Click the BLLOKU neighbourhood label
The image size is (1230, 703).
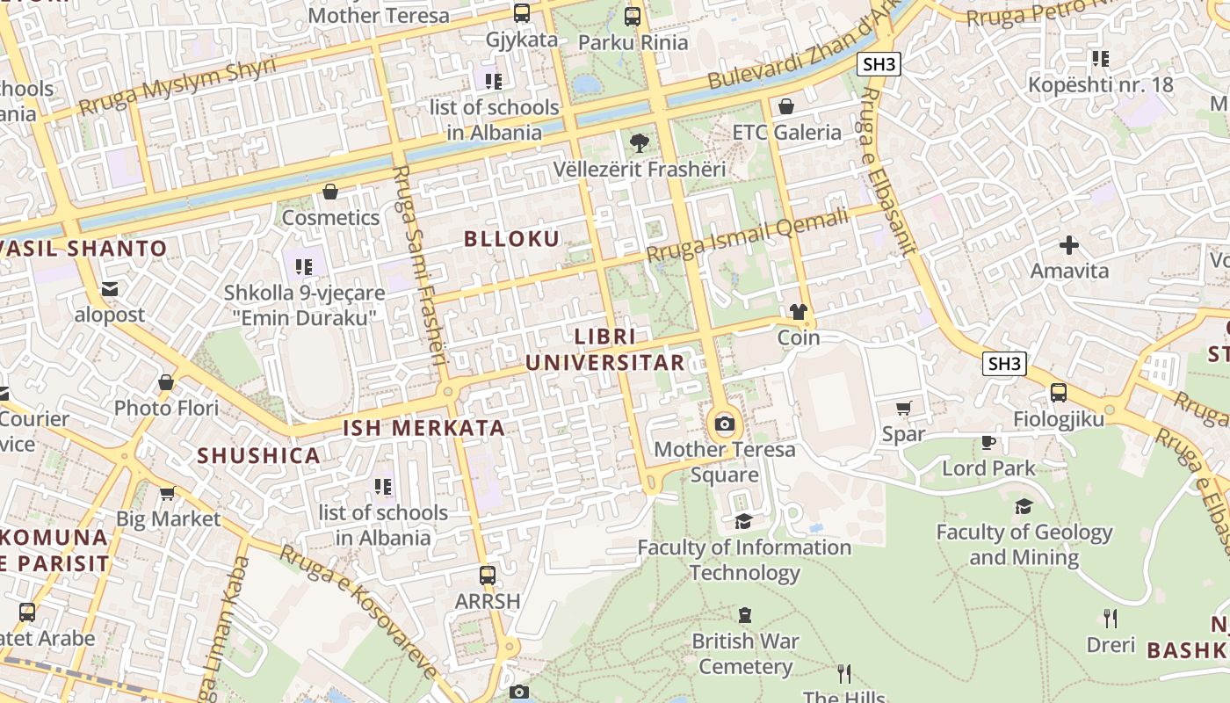[x=511, y=238]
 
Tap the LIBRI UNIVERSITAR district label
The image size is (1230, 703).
[x=604, y=350]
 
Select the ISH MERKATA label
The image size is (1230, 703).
[x=423, y=428]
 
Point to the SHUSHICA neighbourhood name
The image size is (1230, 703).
[x=258, y=455]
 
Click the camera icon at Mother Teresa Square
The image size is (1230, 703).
[x=724, y=424]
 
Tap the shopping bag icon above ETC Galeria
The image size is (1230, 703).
[x=786, y=106]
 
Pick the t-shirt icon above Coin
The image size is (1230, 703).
[x=798, y=311]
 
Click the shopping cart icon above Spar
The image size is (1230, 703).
[x=903, y=408]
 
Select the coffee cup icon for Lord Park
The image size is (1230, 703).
[x=988, y=442]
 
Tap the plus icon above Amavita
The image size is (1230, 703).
[x=1069, y=244]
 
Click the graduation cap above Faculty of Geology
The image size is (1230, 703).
[x=1024, y=506]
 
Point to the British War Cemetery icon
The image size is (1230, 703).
[x=745, y=614]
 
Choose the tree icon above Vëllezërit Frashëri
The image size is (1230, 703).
[x=640, y=142]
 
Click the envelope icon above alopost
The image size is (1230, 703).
[x=109, y=288]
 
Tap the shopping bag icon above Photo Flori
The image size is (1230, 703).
[x=166, y=382]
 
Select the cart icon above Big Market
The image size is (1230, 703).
[x=168, y=493]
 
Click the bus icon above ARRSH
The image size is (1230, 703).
[x=487, y=576]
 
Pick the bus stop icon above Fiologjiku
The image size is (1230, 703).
[x=1058, y=393]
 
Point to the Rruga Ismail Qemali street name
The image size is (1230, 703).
[x=748, y=235]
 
